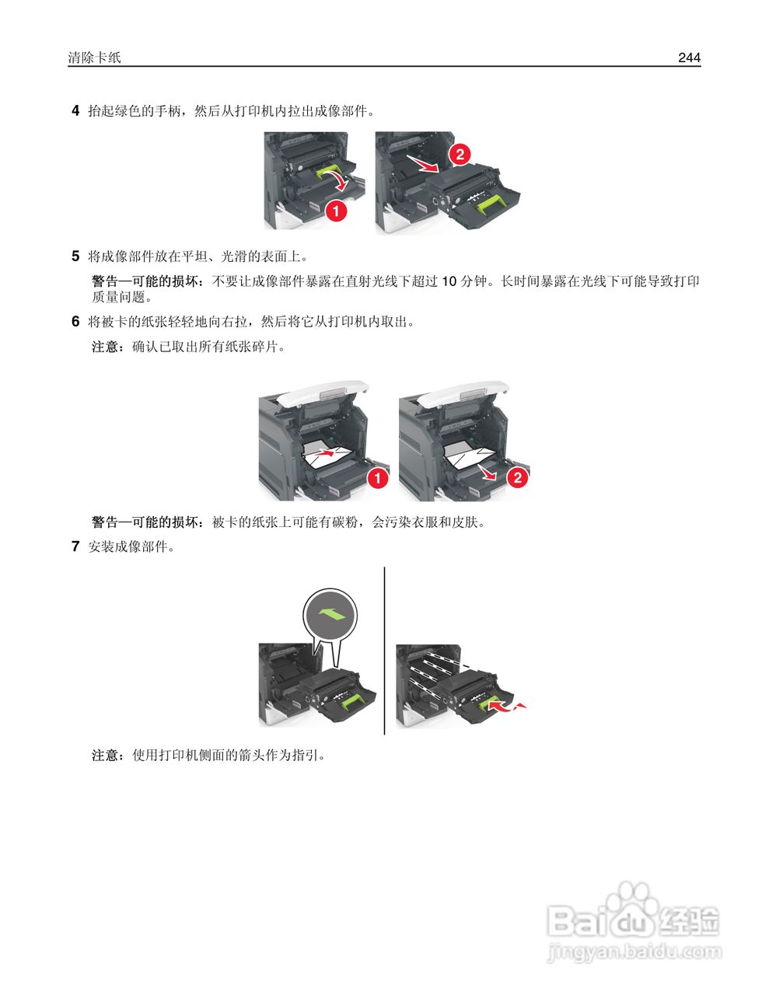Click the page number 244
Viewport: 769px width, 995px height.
point(689,58)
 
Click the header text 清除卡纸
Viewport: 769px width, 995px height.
point(94,58)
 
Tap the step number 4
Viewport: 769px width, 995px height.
point(75,110)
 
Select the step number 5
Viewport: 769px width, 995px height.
point(75,256)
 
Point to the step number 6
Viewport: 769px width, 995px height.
point(75,321)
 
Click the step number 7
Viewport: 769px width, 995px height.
point(75,546)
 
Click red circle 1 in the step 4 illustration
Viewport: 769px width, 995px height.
point(335,209)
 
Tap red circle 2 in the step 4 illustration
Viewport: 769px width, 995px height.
point(460,154)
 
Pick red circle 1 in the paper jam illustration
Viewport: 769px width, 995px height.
point(377,478)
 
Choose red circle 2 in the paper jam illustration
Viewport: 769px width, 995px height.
point(518,477)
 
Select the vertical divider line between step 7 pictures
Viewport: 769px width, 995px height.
point(385,650)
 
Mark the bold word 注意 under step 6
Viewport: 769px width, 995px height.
point(105,347)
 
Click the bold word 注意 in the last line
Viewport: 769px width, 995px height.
point(105,755)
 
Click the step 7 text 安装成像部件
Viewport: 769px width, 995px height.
point(130,546)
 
